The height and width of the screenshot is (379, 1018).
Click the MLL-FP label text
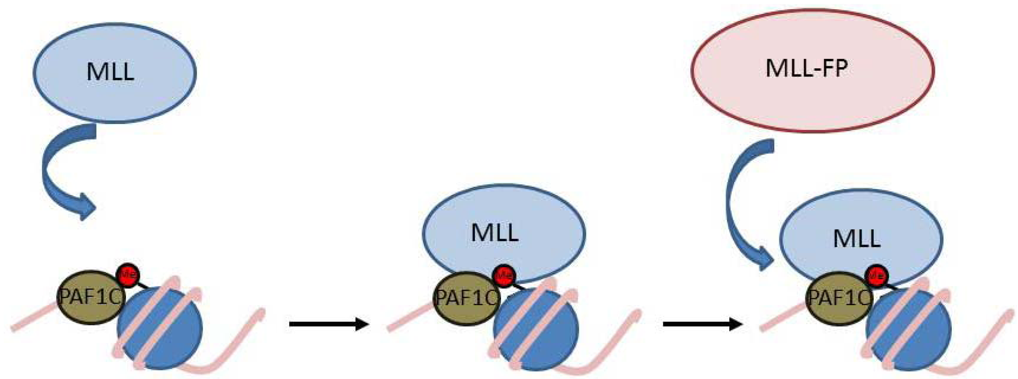click(x=806, y=69)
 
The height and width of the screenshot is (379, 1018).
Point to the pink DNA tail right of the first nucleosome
click(x=237, y=348)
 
